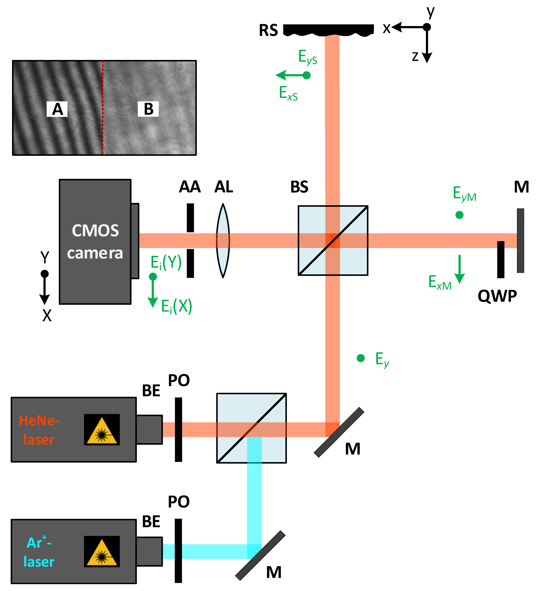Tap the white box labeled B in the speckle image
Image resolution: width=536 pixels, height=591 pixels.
click(148, 109)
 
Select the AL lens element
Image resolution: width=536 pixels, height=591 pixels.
click(223, 240)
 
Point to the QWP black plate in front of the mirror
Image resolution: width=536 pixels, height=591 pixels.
click(501, 260)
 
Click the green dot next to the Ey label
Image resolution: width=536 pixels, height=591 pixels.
click(361, 358)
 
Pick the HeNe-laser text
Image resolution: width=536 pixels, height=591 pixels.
click(39, 430)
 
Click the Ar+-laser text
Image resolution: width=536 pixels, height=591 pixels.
click(39, 552)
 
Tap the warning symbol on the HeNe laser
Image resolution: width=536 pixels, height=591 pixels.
click(102, 430)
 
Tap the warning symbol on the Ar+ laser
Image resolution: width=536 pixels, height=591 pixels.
click(102, 551)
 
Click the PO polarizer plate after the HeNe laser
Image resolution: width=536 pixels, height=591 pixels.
click(178, 430)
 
